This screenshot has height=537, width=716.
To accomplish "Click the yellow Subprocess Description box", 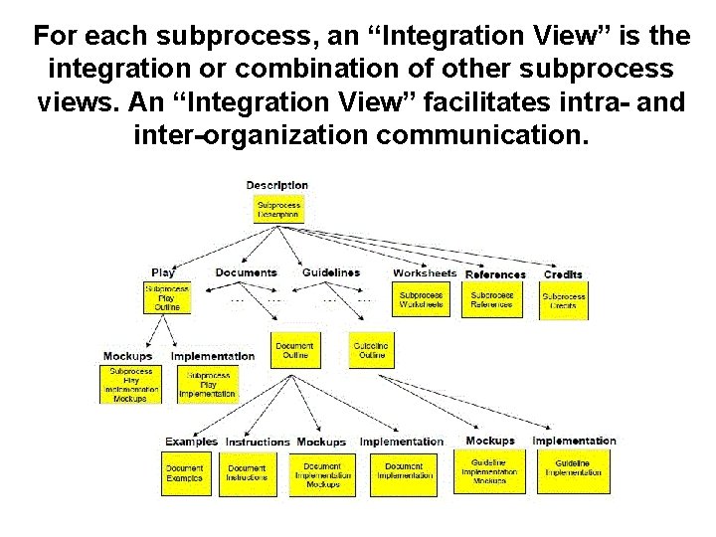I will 277,209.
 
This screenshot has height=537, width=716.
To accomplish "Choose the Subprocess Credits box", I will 564,301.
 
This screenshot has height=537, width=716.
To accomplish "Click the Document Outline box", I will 295,350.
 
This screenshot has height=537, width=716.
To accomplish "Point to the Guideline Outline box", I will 371,350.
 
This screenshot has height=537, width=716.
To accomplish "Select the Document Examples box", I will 184,473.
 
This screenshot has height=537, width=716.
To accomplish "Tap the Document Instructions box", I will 247,473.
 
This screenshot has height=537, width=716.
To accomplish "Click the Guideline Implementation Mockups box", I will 489,471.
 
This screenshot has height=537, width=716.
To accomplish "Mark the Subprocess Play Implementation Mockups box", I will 131,384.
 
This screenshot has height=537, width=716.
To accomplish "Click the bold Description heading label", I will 277,185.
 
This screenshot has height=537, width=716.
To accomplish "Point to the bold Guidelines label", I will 331,272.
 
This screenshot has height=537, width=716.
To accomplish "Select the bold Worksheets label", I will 425,272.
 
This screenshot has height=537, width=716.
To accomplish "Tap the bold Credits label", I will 563,273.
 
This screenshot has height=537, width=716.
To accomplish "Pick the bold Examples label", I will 191,442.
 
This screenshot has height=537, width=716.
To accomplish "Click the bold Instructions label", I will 258,442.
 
